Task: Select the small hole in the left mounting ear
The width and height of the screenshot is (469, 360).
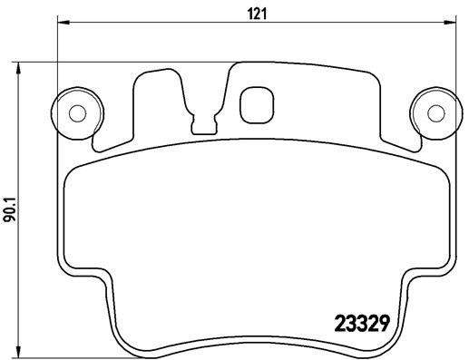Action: (x=77, y=113)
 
